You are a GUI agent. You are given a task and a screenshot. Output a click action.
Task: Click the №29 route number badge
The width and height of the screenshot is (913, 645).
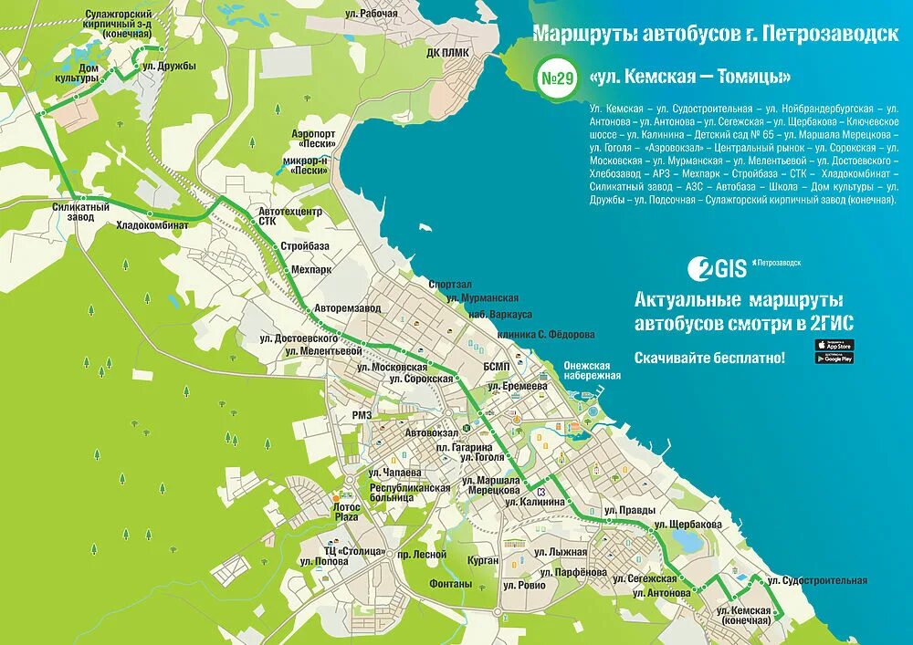(558, 78)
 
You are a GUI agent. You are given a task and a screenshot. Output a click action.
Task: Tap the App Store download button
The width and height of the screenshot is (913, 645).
(834, 344)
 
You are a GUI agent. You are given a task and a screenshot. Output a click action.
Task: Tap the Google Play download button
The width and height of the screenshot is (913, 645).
(834, 358)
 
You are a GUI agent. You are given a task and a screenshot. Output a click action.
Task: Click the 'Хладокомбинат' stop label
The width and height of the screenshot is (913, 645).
(152, 224)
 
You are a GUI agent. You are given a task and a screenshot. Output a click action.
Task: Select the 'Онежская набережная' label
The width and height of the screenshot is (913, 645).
(592, 369)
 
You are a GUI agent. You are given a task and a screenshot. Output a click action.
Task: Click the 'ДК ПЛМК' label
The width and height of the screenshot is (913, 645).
(447, 52)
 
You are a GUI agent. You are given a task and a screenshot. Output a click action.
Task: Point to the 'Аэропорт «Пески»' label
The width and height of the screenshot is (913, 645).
(313, 139)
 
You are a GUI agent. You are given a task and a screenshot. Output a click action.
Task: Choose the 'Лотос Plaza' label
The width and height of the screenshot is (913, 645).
(347, 511)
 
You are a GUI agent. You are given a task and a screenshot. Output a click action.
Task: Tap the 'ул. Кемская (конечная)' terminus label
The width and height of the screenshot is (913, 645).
(745, 615)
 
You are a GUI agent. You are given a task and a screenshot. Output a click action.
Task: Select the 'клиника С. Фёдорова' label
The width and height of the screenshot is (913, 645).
(546, 334)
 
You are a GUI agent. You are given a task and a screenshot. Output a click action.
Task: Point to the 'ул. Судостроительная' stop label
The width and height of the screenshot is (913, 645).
(817, 580)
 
